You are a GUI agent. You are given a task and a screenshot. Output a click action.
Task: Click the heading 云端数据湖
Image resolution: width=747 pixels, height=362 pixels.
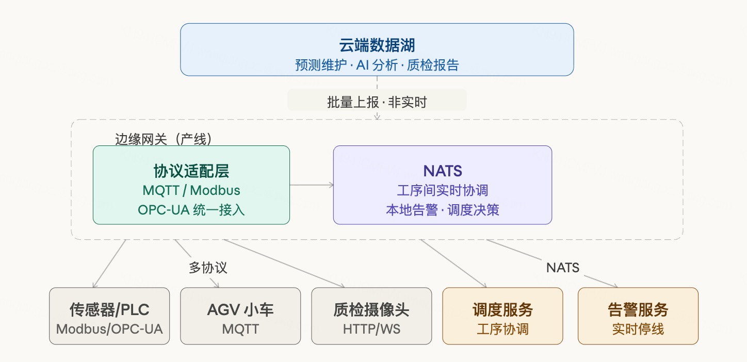[377, 45]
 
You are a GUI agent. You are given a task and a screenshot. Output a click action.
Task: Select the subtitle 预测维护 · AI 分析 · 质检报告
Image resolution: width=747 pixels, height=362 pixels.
[377, 65]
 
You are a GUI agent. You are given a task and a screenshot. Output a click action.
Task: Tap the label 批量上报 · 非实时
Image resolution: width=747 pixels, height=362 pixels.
[377, 102]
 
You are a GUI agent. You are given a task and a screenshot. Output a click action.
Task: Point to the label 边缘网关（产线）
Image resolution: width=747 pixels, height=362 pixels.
[164, 139]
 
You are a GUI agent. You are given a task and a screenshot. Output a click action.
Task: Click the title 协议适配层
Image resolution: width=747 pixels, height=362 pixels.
[191, 171]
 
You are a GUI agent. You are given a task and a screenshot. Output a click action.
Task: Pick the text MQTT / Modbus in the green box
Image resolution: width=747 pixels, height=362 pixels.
[191, 190]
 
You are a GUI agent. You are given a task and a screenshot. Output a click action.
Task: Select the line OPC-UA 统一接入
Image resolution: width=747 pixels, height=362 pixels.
[191, 210]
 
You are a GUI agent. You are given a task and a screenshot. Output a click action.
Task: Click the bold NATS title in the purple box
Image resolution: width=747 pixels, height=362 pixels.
[442, 171]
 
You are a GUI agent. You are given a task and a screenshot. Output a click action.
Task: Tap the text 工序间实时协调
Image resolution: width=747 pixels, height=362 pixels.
[442, 190]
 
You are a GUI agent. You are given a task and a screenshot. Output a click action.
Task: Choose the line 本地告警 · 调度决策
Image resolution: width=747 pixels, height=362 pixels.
[442, 210]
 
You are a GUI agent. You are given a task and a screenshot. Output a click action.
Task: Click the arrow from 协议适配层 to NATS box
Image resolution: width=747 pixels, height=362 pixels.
[311, 185]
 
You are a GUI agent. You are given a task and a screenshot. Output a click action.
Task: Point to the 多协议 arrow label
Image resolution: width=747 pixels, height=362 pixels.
[207, 268]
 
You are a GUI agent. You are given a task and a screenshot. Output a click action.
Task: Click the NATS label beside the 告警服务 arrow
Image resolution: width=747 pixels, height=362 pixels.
[562, 268]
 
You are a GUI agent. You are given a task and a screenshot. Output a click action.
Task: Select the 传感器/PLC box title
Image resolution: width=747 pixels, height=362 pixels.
[109, 309]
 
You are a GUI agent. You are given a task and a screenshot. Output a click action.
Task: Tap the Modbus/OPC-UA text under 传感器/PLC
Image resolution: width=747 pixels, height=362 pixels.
[109, 328]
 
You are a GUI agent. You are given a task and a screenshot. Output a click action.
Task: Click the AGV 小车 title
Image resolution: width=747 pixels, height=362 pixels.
[240, 309]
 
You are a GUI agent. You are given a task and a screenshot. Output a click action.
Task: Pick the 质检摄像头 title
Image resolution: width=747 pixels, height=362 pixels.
[371, 309]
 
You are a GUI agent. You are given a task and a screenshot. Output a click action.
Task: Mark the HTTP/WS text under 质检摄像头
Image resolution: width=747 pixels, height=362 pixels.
[371, 328]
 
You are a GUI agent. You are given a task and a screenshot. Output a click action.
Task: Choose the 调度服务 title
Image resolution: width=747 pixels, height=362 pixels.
[502, 309]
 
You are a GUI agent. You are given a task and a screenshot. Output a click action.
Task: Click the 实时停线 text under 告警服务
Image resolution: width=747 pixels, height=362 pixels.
[638, 328]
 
